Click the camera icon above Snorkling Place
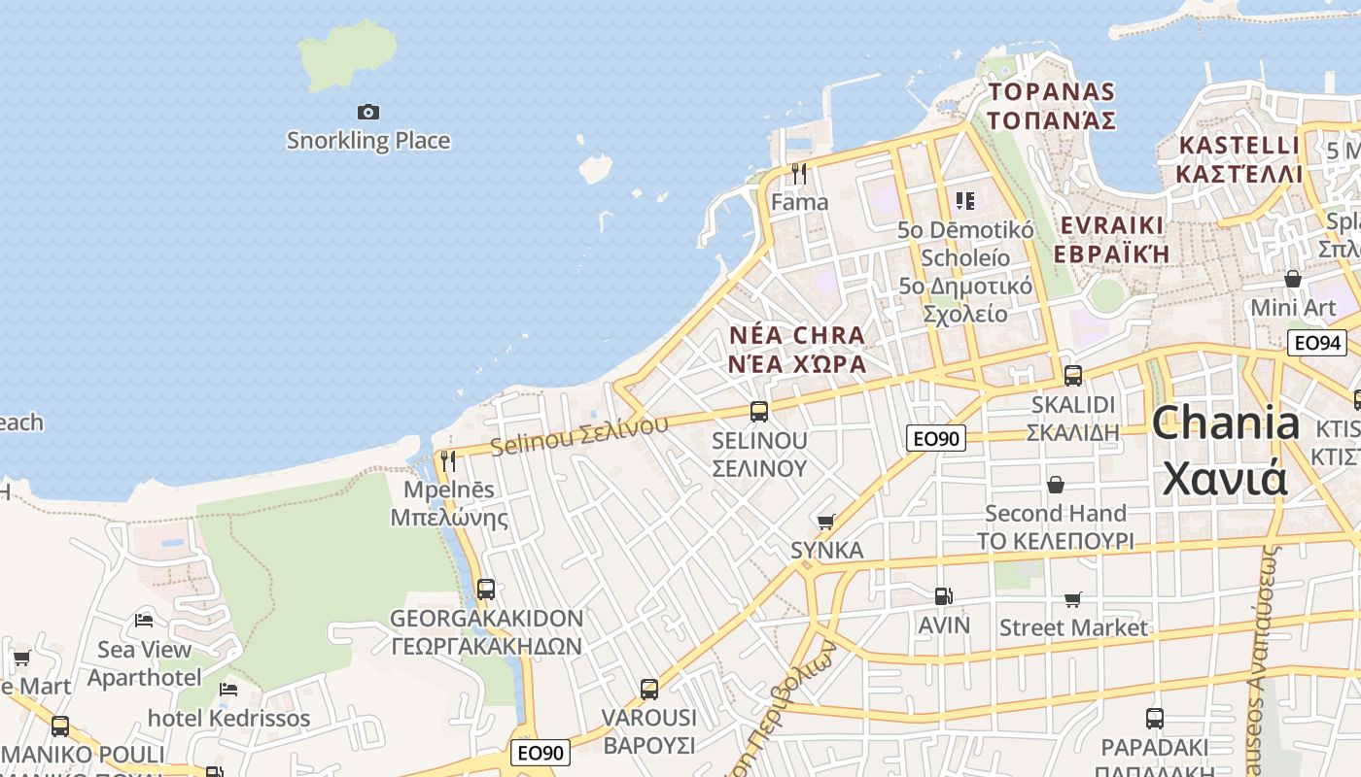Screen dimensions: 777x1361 click(x=367, y=113)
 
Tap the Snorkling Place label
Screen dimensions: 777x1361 click(x=368, y=141)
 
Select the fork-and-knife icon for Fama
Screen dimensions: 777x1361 click(x=799, y=174)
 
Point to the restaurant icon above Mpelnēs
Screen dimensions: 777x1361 click(x=448, y=460)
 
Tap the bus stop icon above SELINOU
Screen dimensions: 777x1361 click(x=759, y=412)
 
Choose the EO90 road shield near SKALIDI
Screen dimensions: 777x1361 click(x=936, y=438)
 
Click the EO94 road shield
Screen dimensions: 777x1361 click(x=1317, y=343)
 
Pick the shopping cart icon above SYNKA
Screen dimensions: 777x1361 click(x=826, y=523)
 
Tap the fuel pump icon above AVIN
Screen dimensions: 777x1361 click(x=942, y=596)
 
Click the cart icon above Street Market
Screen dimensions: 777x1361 click(x=1073, y=599)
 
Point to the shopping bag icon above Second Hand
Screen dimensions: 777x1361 click(x=1056, y=485)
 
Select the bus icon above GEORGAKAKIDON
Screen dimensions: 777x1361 click(x=486, y=590)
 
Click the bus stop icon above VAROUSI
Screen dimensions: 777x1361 click(x=649, y=690)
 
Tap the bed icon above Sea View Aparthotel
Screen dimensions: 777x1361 click(x=145, y=620)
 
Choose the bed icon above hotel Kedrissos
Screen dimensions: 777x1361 click(x=228, y=690)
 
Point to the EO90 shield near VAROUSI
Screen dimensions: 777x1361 click(x=540, y=753)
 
